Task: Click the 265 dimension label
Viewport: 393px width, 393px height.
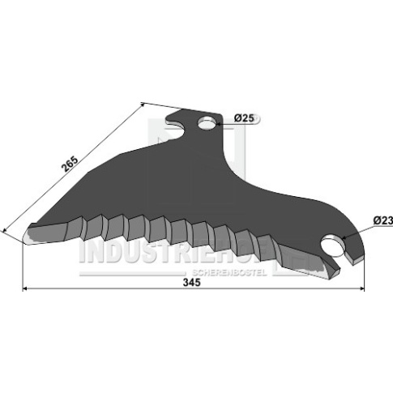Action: coord(70,164)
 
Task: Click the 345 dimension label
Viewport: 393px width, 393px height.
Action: coord(192,283)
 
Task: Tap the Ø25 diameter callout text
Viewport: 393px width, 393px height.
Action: coord(244,118)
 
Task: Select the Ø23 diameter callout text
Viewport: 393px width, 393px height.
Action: coord(383,220)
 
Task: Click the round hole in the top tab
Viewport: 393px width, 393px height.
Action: coord(207,122)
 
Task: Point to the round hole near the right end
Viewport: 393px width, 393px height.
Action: coord(334,245)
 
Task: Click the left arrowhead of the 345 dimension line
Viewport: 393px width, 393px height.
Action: coord(24,289)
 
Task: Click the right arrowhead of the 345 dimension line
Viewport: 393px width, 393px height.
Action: coord(362,289)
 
